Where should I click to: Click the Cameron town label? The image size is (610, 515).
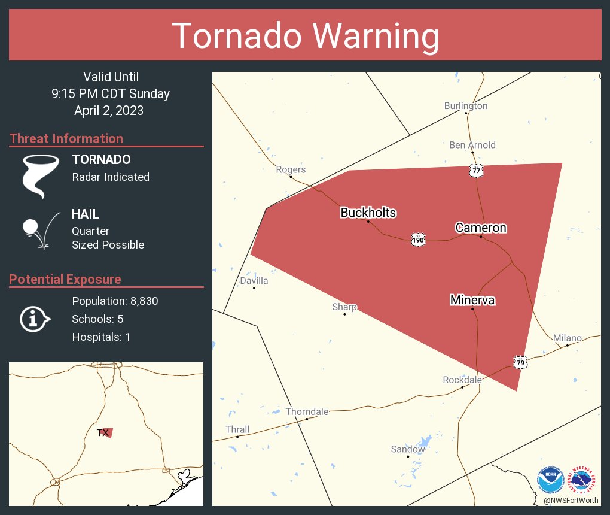pyautogui.click(x=481, y=228)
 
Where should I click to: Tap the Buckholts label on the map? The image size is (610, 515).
pyautogui.click(x=368, y=213)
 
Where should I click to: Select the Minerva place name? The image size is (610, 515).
pyautogui.click(x=472, y=300)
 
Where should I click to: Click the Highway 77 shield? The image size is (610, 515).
pyautogui.click(x=475, y=171)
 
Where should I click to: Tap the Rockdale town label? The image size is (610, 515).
pyautogui.click(x=462, y=380)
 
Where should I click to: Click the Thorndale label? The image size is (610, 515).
pyautogui.click(x=307, y=411)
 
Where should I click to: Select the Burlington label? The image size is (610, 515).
pyautogui.click(x=465, y=106)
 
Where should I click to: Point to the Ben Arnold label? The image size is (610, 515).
pyautogui.click(x=472, y=145)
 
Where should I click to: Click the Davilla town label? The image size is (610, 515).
pyautogui.click(x=254, y=280)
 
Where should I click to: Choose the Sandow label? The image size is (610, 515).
pyautogui.click(x=408, y=449)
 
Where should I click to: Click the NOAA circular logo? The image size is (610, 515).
pyautogui.click(x=551, y=480)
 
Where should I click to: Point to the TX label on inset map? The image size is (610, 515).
pyautogui.click(x=103, y=432)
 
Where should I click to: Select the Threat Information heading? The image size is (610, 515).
pyautogui.click(x=66, y=138)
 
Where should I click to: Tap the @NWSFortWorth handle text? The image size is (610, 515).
pyautogui.click(x=570, y=500)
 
